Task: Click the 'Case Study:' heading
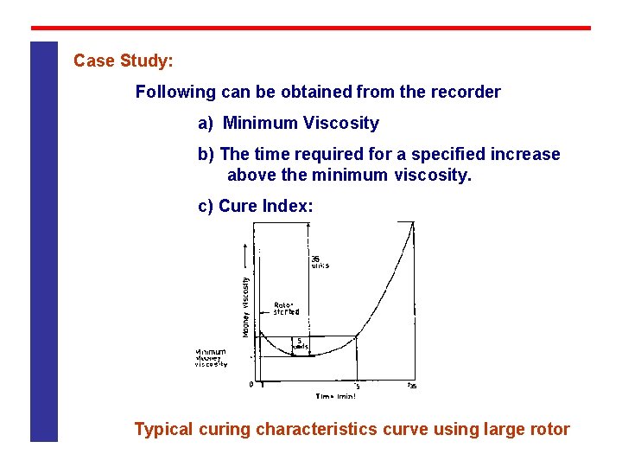point(124,61)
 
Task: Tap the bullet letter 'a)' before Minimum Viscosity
point(206,123)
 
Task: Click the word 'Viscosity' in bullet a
point(340,123)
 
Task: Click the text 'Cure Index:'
point(266,206)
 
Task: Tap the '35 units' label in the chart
point(320,261)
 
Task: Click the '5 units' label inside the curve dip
point(301,343)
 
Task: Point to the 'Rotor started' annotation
point(287,308)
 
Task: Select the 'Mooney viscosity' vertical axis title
point(245,305)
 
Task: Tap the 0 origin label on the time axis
point(251,385)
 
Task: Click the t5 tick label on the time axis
point(357,386)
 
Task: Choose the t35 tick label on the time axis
point(412,386)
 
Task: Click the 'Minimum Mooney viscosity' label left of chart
point(211,358)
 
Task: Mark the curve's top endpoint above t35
point(412,223)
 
